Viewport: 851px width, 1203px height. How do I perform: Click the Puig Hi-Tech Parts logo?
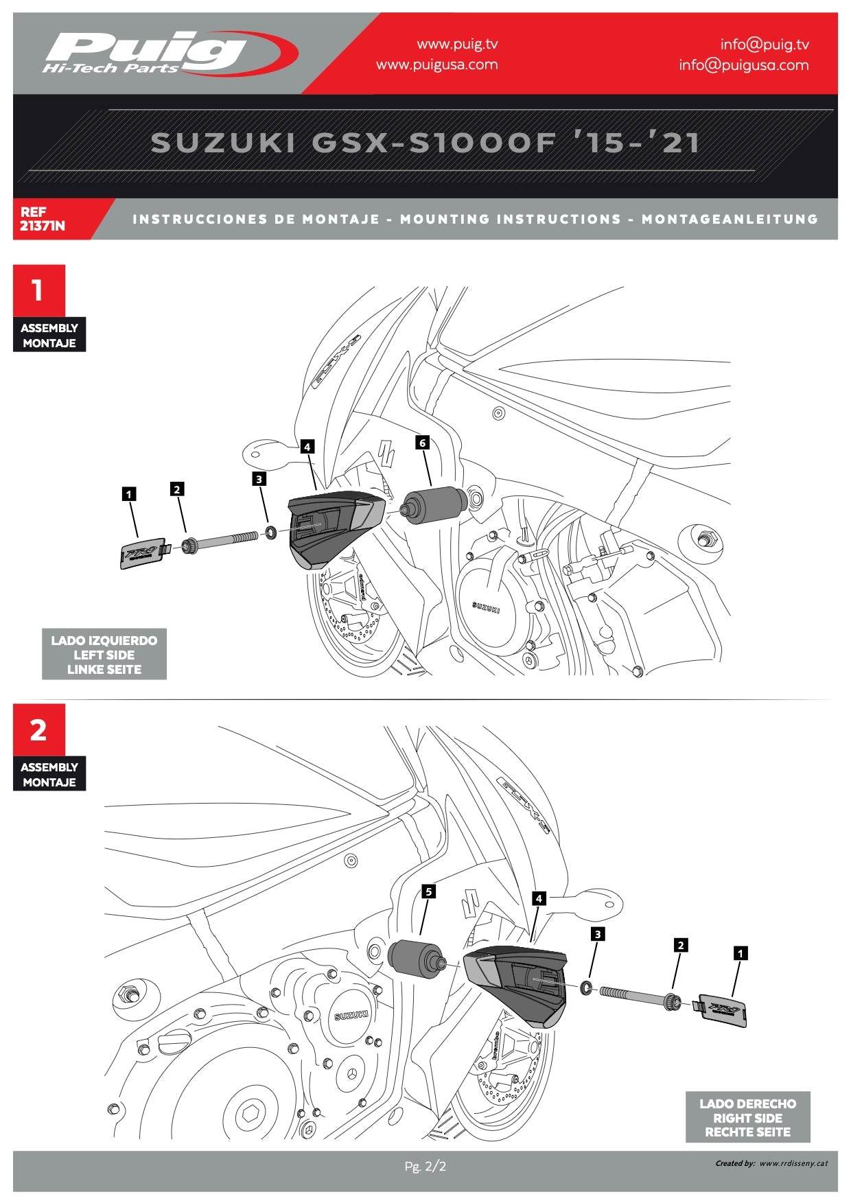168,53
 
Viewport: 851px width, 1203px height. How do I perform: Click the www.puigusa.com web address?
436,65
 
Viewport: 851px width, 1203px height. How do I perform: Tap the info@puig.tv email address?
764,45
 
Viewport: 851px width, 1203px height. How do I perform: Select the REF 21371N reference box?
43,219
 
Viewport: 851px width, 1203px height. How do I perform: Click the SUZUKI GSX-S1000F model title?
425,143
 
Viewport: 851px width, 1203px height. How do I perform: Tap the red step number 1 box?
39,291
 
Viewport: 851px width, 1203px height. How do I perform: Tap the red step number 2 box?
39,730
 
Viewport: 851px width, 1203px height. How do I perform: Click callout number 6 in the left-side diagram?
423,443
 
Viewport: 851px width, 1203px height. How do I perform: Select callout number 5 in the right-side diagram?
428,891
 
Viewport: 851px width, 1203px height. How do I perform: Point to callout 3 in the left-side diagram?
259,478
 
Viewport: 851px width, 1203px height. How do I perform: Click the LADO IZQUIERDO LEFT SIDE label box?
104,655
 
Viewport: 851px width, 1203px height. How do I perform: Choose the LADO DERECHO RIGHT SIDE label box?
747,1118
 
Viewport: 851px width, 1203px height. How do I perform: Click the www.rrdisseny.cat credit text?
793,1163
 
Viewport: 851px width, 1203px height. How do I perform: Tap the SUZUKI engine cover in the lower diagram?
351,1015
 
